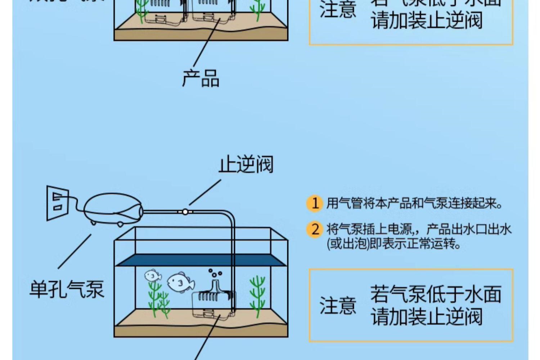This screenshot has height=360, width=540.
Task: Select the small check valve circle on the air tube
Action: (185, 212)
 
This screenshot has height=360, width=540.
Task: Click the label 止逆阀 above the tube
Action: (246, 165)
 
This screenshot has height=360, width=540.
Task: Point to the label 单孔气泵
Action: (67, 289)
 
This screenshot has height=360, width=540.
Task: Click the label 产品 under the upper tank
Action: (201, 78)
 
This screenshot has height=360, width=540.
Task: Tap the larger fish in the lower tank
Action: (180, 283)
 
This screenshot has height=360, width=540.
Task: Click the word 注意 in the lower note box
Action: (338, 306)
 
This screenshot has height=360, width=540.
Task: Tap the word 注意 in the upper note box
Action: (338, 9)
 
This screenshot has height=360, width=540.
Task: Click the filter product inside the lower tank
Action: (212, 304)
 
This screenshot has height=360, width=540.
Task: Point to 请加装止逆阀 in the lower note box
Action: (427, 317)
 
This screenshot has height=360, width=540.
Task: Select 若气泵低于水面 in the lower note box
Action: (436, 294)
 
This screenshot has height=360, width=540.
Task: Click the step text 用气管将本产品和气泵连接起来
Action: (414, 203)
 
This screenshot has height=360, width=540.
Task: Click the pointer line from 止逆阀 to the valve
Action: (205, 192)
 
